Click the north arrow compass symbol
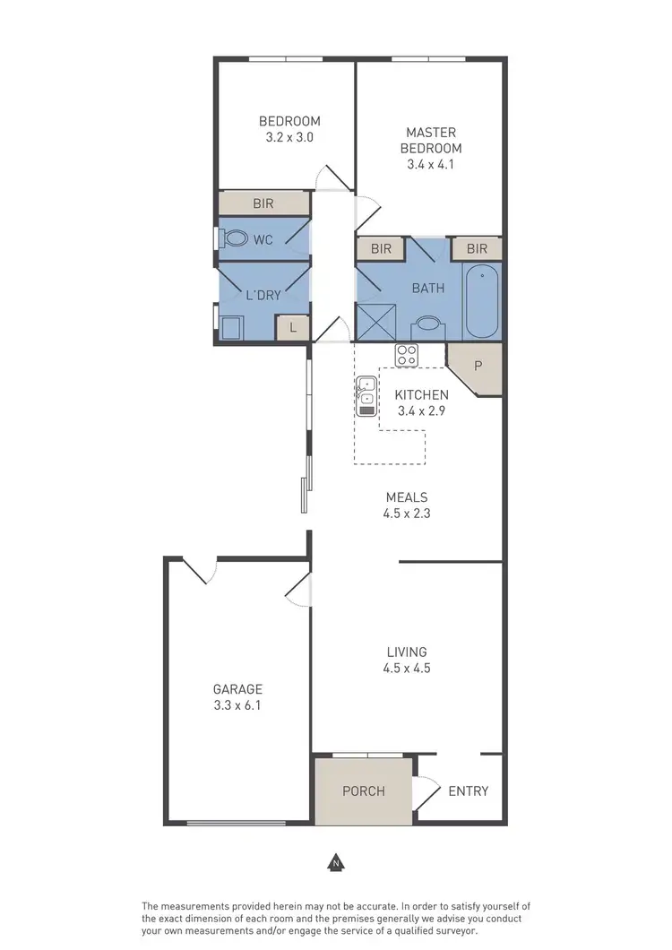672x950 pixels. [335, 864]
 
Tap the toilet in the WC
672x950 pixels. [236, 239]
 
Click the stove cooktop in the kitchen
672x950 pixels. [407, 355]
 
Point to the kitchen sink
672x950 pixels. [366, 396]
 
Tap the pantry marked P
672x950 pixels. [478, 367]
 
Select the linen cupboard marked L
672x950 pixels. [292, 329]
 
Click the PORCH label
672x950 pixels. [364, 790]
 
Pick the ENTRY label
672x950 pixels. [468, 790]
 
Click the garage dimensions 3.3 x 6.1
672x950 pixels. [237, 705]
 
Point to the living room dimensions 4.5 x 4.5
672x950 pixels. [407, 668]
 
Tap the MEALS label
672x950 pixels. [407, 497]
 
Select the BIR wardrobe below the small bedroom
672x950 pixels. [263, 203]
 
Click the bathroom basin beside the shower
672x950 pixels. [428, 326]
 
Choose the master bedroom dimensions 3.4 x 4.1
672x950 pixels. [431, 164]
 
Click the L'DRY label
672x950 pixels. [263, 295]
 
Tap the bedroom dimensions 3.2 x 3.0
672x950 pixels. [289, 138]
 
